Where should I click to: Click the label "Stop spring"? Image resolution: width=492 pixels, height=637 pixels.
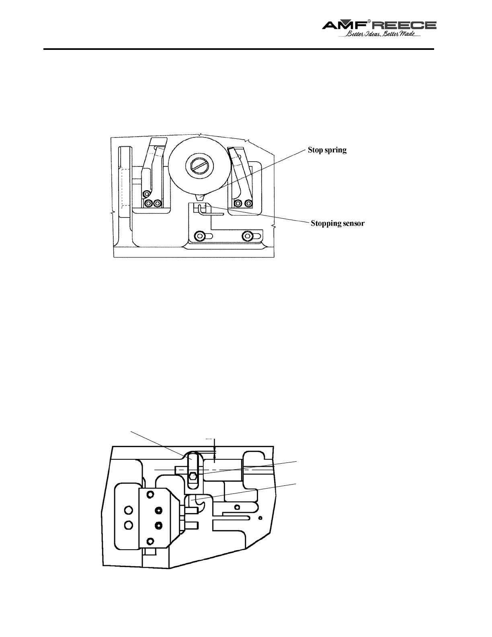click(x=327, y=150)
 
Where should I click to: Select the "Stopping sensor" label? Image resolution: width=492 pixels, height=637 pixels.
click(x=338, y=223)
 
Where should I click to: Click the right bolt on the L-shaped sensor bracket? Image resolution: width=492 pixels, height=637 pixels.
click(x=247, y=236)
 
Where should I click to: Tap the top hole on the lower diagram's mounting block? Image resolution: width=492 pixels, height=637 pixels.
click(x=150, y=494)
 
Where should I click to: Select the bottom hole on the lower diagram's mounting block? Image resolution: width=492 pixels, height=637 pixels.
click(x=150, y=541)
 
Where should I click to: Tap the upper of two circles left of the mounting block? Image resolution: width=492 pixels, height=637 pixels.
click(x=129, y=510)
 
